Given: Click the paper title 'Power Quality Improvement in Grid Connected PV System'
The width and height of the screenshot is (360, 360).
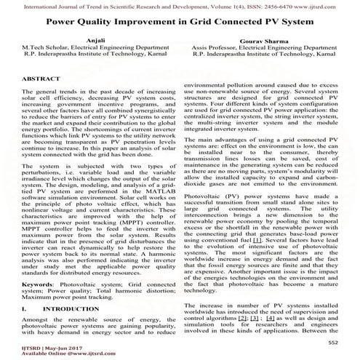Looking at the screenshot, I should (180, 22).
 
